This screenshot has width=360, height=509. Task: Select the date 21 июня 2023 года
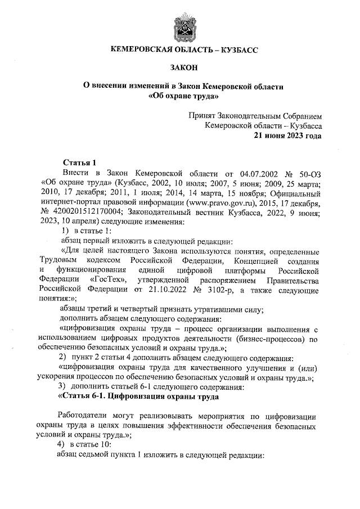pos(287,136)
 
